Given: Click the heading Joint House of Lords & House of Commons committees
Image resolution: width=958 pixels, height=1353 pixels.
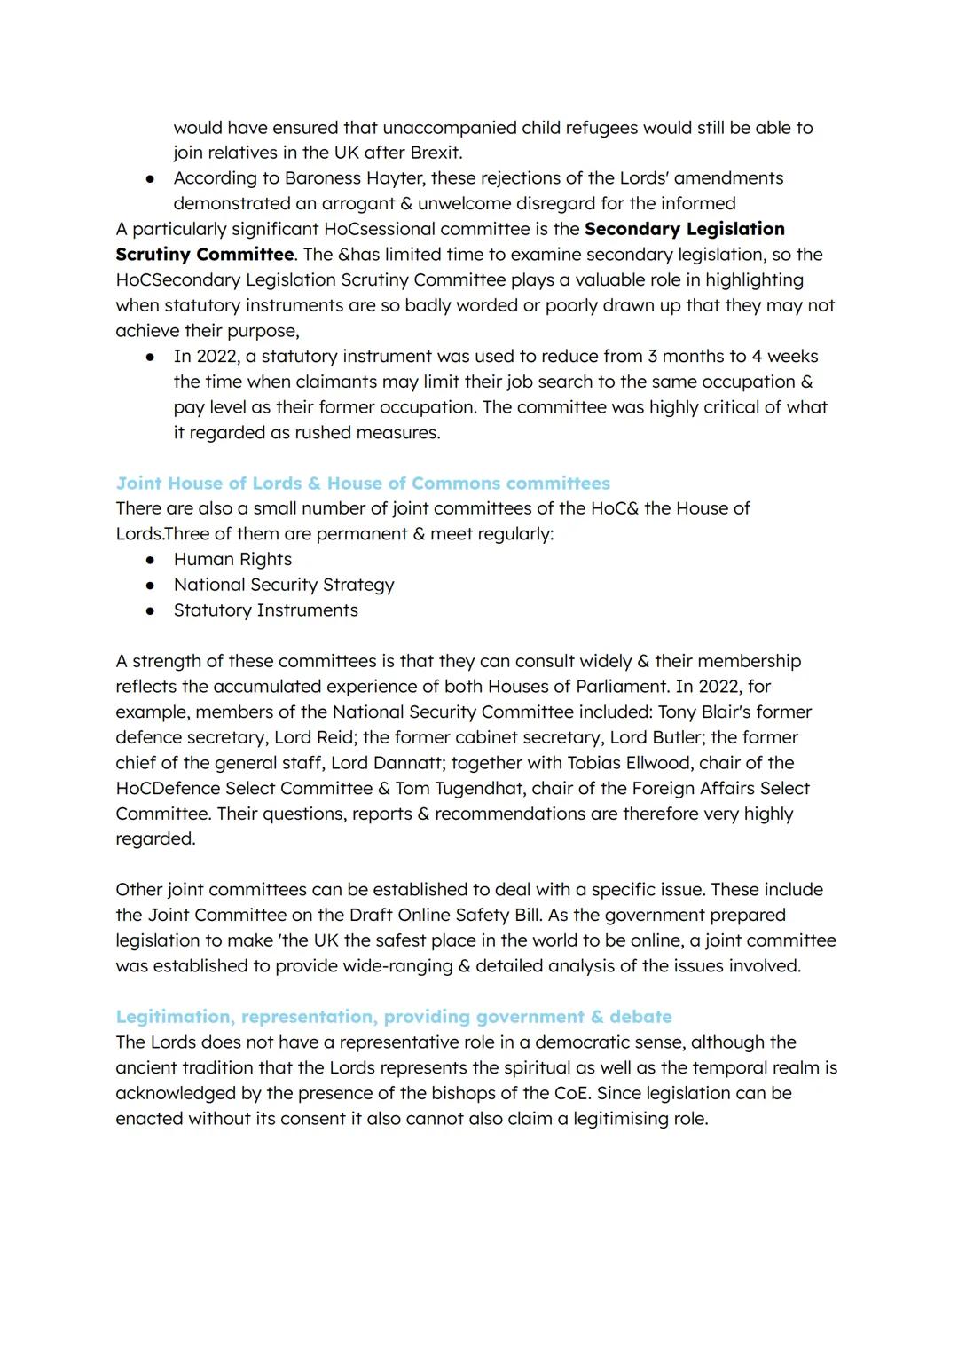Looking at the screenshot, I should click(363, 484).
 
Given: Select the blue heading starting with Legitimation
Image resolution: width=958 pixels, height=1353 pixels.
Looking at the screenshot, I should click(393, 1017).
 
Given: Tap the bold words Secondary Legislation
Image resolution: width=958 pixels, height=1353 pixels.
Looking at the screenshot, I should click(685, 229).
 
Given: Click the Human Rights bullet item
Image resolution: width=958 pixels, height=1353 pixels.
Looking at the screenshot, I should click(232, 560).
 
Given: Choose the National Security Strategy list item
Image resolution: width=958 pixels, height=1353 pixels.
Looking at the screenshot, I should click(284, 585).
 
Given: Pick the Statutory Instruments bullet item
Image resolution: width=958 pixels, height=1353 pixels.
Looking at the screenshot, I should click(265, 610).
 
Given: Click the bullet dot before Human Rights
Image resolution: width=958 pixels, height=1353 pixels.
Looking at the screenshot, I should click(152, 560).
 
